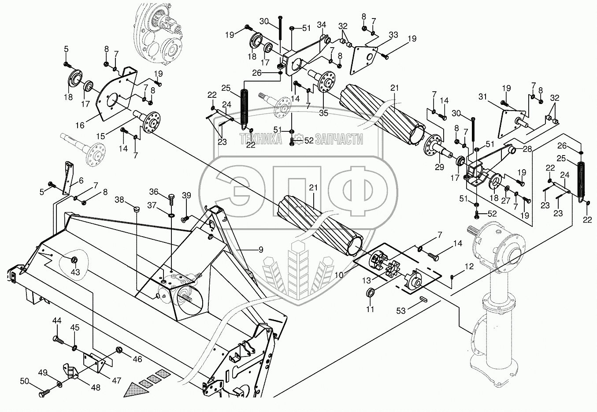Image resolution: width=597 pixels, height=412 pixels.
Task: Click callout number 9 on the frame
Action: point(261,249)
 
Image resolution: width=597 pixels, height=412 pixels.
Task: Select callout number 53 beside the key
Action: point(400,311)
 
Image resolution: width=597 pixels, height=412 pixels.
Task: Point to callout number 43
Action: point(75,272)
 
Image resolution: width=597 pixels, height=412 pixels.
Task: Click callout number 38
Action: point(119,199)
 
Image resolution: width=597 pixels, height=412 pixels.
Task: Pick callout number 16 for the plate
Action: point(80,126)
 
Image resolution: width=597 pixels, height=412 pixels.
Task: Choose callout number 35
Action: point(324,113)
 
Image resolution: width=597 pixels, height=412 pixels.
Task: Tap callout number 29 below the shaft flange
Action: point(439,167)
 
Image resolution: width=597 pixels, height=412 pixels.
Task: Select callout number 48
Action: point(96,388)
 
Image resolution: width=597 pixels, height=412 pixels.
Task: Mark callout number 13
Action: point(367,280)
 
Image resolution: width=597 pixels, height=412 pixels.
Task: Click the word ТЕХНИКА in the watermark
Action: point(261,140)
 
